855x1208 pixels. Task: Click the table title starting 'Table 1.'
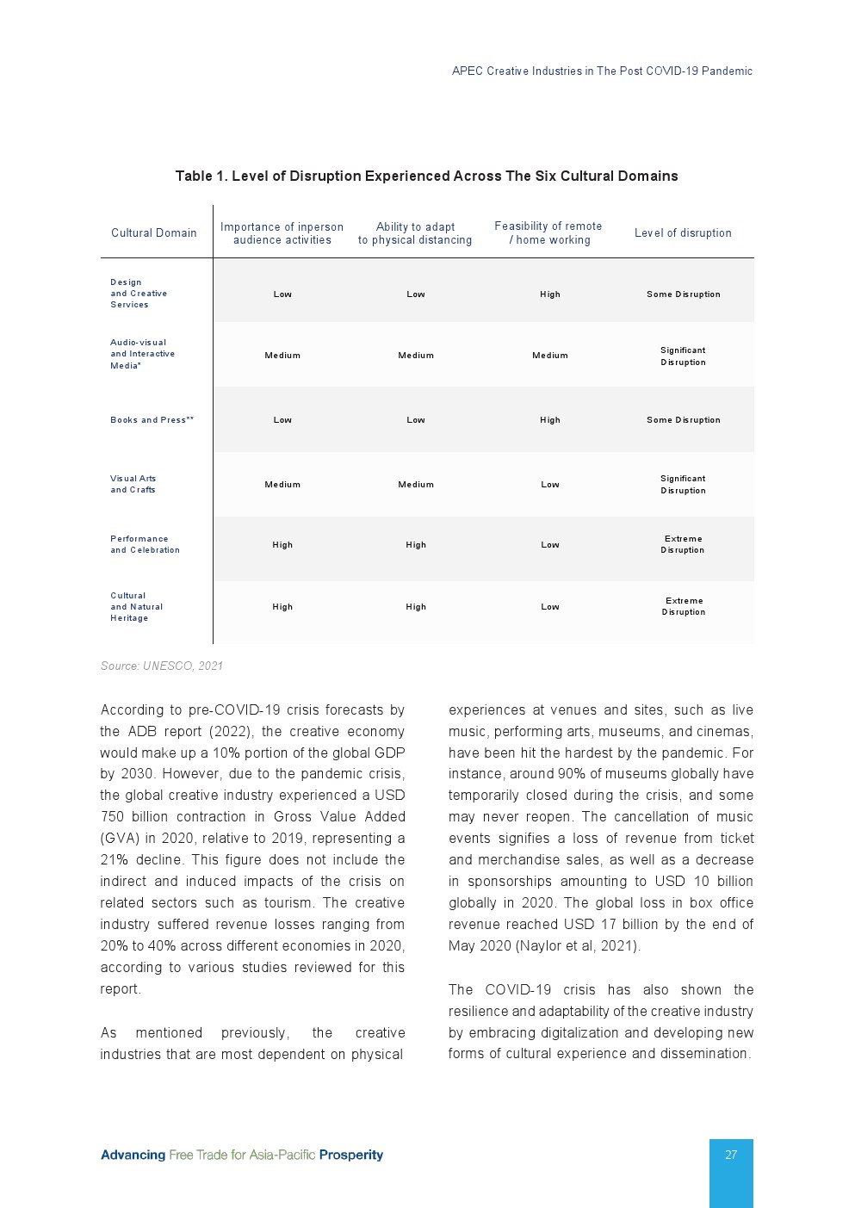pyautogui.click(x=426, y=177)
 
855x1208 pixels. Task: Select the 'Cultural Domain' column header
pyautogui.click(x=154, y=232)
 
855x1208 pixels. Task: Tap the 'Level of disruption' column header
pyautogui.click(x=683, y=232)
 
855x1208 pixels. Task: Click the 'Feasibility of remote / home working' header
pyautogui.click(x=548, y=233)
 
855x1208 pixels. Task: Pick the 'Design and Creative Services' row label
pyautogui.click(x=139, y=294)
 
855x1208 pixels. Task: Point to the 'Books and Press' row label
pyautogui.click(x=152, y=420)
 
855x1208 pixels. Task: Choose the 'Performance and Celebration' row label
pyautogui.click(x=145, y=544)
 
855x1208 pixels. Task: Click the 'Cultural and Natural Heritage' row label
pyautogui.click(x=136, y=607)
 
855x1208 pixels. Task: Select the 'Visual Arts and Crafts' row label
pyautogui.click(x=133, y=484)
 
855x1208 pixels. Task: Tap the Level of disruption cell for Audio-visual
pyautogui.click(x=683, y=356)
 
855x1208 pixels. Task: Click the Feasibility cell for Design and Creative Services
pyautogui.click(x=550, y=294)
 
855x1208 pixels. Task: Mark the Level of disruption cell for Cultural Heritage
pyautogui.click(x=684, y=607)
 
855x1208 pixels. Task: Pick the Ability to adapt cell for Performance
pyautogui.click(x=416, y=545)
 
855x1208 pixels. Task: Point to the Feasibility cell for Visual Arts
pyautogui.click(x=550, y=485)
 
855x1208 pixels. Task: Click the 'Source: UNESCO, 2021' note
pyautogui.click(x=162, y=666)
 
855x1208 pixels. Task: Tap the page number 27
pyautogui.click(x=731, y=1155)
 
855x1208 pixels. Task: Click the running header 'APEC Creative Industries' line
pyautogui.click(x=602, y=71)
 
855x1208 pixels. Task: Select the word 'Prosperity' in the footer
pyautogui.click(x=351, y=1155)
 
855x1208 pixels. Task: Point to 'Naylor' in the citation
pyautogui.click(x=541, y=946)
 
